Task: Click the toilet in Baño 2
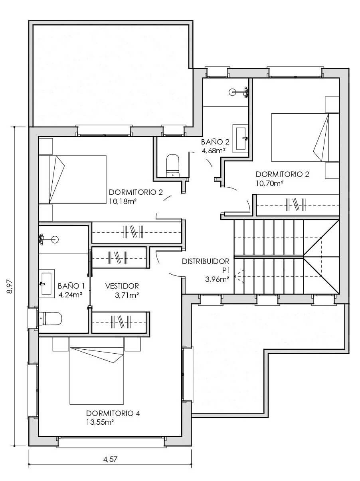point(172,166)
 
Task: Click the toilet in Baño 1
point(50,319)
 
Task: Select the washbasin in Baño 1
point(46,283)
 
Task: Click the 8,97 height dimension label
point(10,287)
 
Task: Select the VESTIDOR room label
point(122,286)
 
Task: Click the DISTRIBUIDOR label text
point(206,261)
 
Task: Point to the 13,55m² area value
point(100,422)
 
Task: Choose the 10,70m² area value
point(269,183)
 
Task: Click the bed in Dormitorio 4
point(97,376)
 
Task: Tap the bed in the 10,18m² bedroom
point(73,180)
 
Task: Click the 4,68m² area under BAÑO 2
point(214,151)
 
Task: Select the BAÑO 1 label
point(71,286)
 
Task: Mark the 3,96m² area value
point(217,279)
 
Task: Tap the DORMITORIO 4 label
point(113,413)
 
